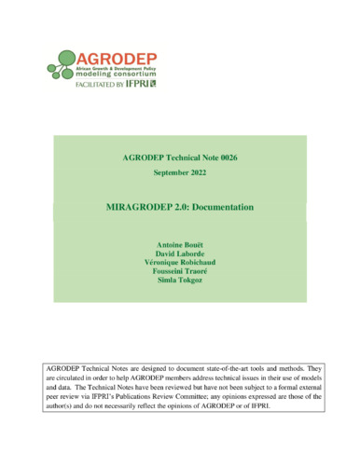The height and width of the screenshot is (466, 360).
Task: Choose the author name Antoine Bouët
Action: (180, 229)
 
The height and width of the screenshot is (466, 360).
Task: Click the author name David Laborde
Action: (180, 240)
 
